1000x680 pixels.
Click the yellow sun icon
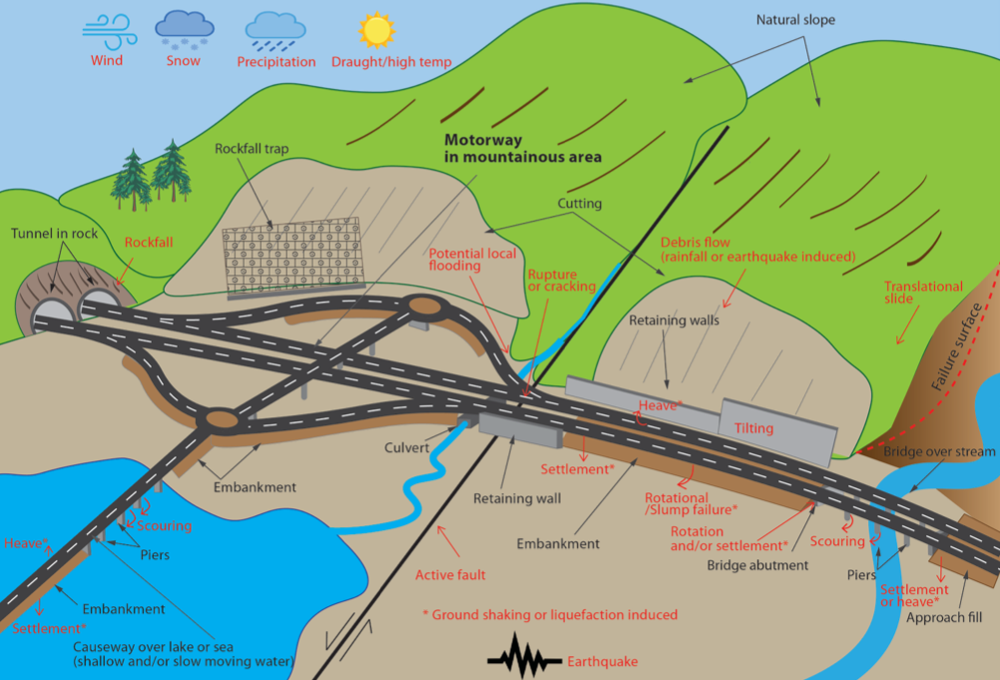click(x=376, y=30)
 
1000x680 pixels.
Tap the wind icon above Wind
click(x=109, y=33)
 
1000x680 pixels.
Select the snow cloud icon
click(x=185, y=29)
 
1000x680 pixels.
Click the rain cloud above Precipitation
click(x=275, y=32)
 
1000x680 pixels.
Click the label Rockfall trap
click(x=251, y=149)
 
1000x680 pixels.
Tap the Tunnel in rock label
click(x=54, y=234)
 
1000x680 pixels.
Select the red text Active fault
click(x=450, y=575)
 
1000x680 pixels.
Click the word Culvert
click(x=406, y=447)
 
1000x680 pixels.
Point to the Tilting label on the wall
click(x=753, y=428)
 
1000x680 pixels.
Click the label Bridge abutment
click(x=757, y=565)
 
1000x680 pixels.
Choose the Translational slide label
click(x=923, y=293)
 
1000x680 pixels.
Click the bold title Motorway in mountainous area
click(x=522, y=148)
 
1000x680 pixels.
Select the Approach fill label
click(x=944, y=617)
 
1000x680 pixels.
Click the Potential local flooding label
click(x=472, y=259)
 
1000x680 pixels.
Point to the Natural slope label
click(x=795, y=20)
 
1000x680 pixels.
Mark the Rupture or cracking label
click(x=561, y=280)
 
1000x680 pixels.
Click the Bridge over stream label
click(x=939, y=451)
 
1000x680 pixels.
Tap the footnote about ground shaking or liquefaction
click(x=550, y=615)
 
